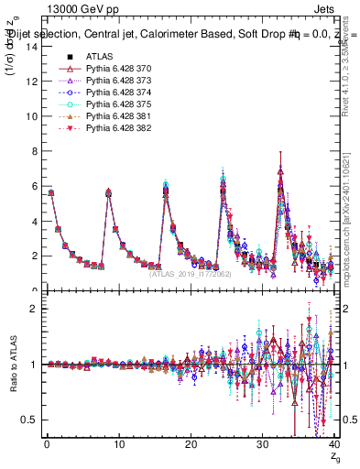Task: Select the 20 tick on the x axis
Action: pyautogui.click(x=190, y=445)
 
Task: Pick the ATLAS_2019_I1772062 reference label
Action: pyautogui.click(x=190, y=274)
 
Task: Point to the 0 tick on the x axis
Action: pyautogui.click(x=46, y=445)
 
